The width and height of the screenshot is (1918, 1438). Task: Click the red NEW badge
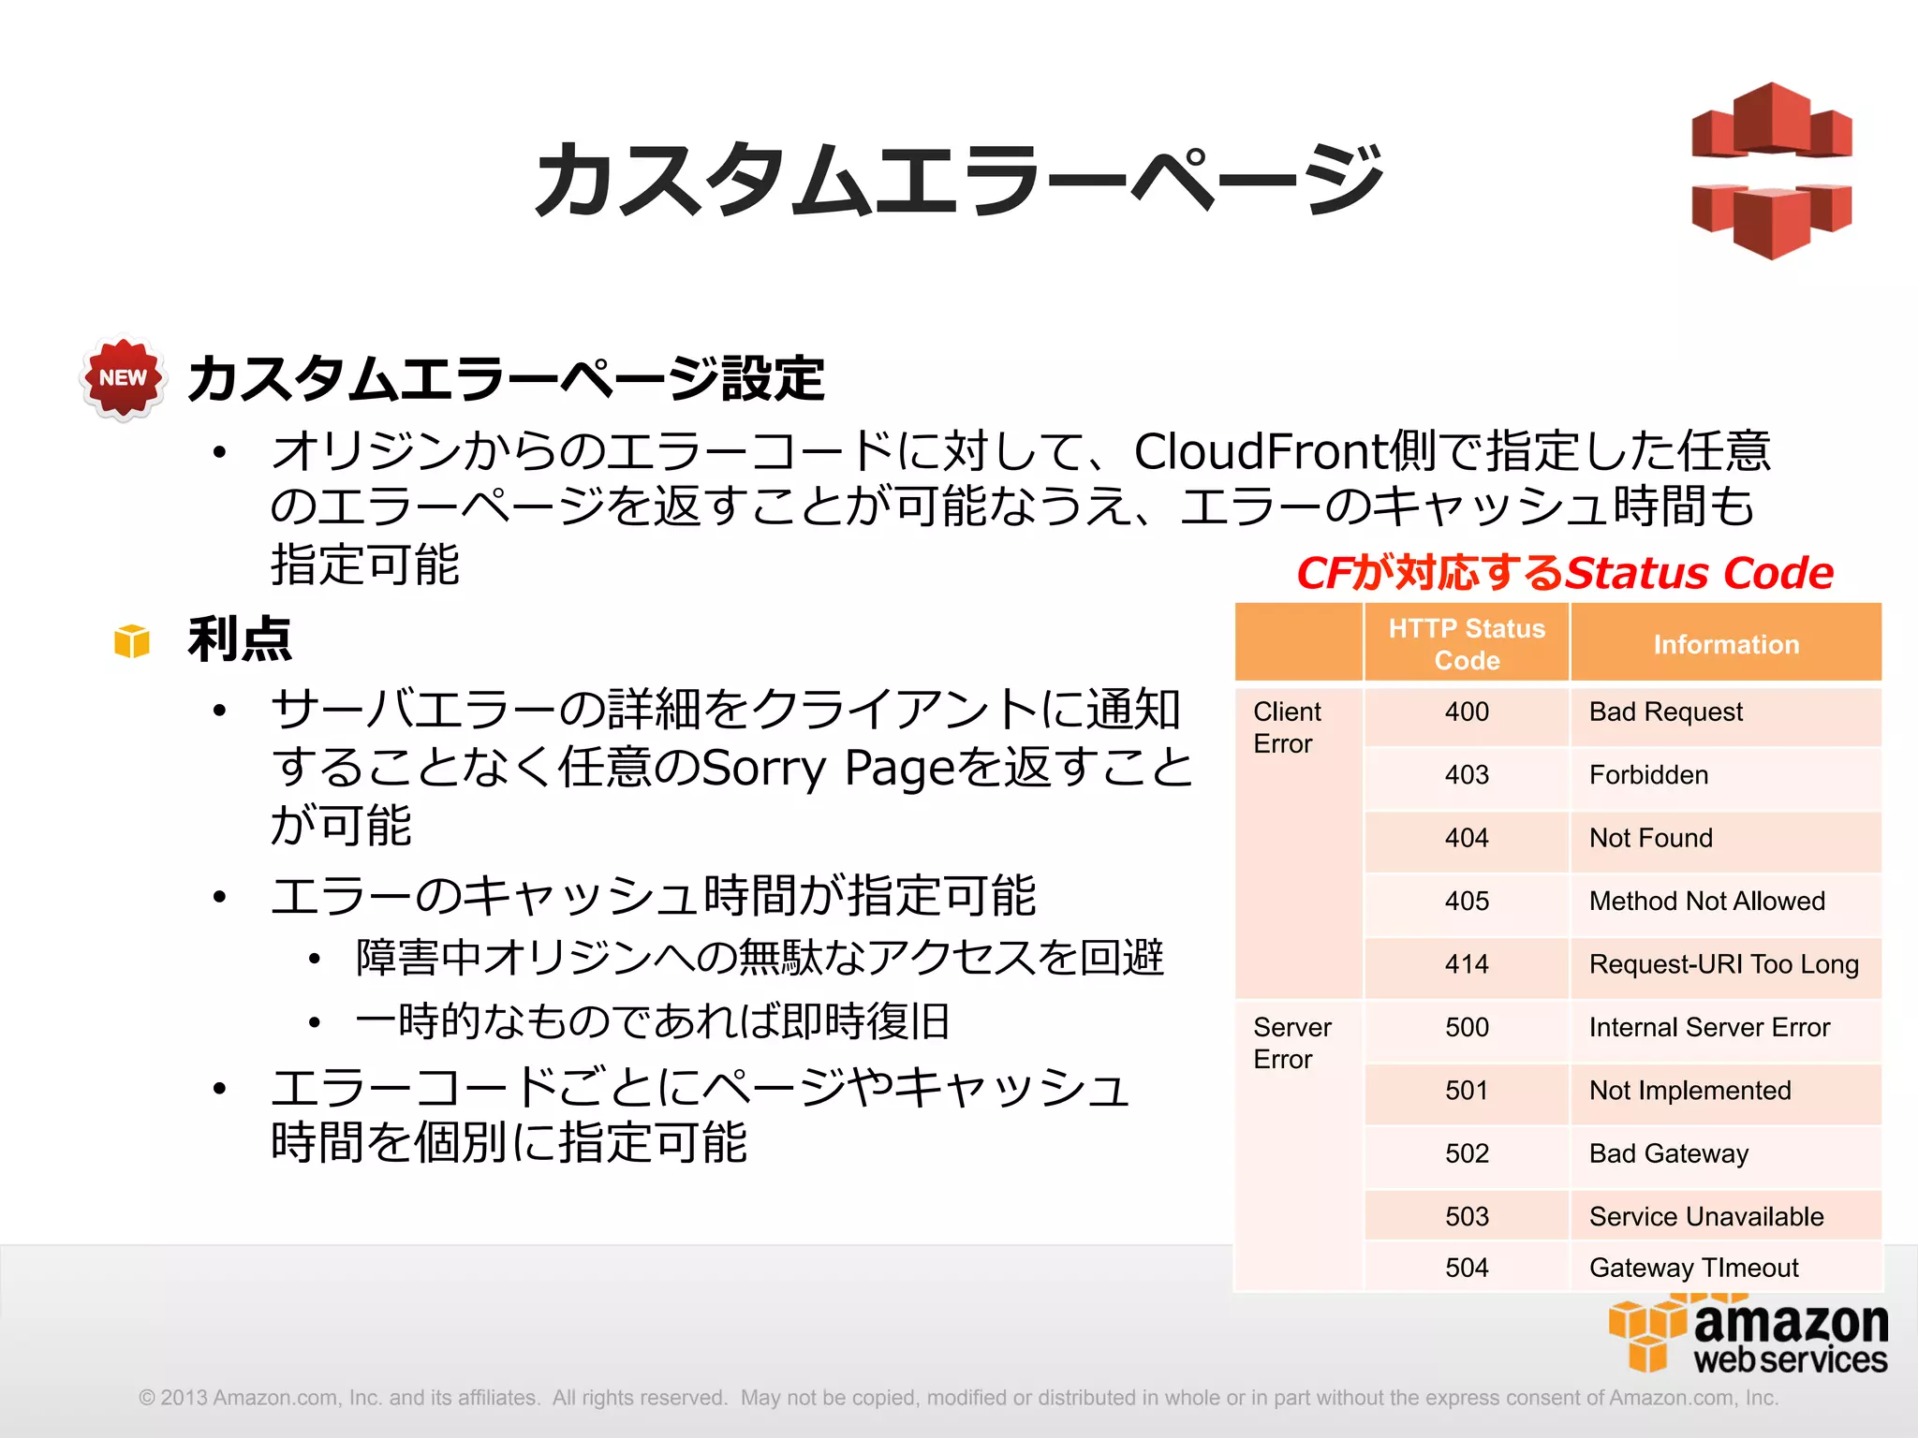coord(123,377)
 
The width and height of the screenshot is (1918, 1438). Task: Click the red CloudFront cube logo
coord(1771,170)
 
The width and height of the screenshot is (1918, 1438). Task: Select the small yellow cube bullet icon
coord(132,641)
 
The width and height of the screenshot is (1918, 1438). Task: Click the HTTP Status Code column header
coord(1467,644)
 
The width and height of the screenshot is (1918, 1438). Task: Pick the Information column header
coord(1726,644)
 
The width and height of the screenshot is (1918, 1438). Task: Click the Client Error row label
coord(1287,727)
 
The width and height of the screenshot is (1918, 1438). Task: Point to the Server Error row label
coord(1291,1043)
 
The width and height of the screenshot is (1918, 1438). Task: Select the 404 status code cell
coord(1467,838)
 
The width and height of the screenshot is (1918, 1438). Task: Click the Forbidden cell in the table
coord(1648,775)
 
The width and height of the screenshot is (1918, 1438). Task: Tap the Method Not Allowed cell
coord(1706,901)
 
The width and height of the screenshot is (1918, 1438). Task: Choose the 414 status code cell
coord(1467,964)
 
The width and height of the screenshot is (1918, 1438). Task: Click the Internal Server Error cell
coord(1709,1027)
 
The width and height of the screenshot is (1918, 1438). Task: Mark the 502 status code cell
coord(1467,1153)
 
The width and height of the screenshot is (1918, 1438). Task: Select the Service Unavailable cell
coord(1706,1216)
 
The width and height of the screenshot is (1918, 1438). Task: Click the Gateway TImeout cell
coord(1693,1268)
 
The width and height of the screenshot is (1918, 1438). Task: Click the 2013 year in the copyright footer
coord(184,1398)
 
